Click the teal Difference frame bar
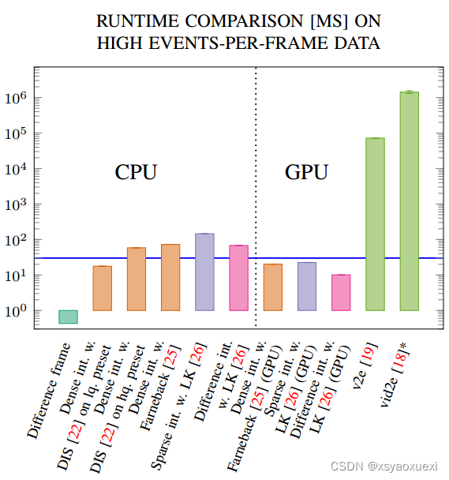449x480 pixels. pyautogui.click(x=69, y=317)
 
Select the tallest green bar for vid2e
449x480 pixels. pyautogui.click(x=409, y=201)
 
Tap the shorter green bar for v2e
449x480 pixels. pyautogui.click(x=375, y=224)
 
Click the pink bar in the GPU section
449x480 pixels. pyautogui.click(x=341, y=292)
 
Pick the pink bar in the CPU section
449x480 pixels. pyautogui.click(x=238, y=278)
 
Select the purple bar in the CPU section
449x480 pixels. pyautogui.click(x=204, y=272)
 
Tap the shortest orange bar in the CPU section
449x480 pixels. pyautogui.click(x=103, y=288)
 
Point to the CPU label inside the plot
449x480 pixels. pyautogui.click(x=137, y=172)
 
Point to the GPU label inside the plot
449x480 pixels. pyautogui.click(x=306, y=172)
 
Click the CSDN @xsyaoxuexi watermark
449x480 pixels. pyautogui.click(x=389, y=467)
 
